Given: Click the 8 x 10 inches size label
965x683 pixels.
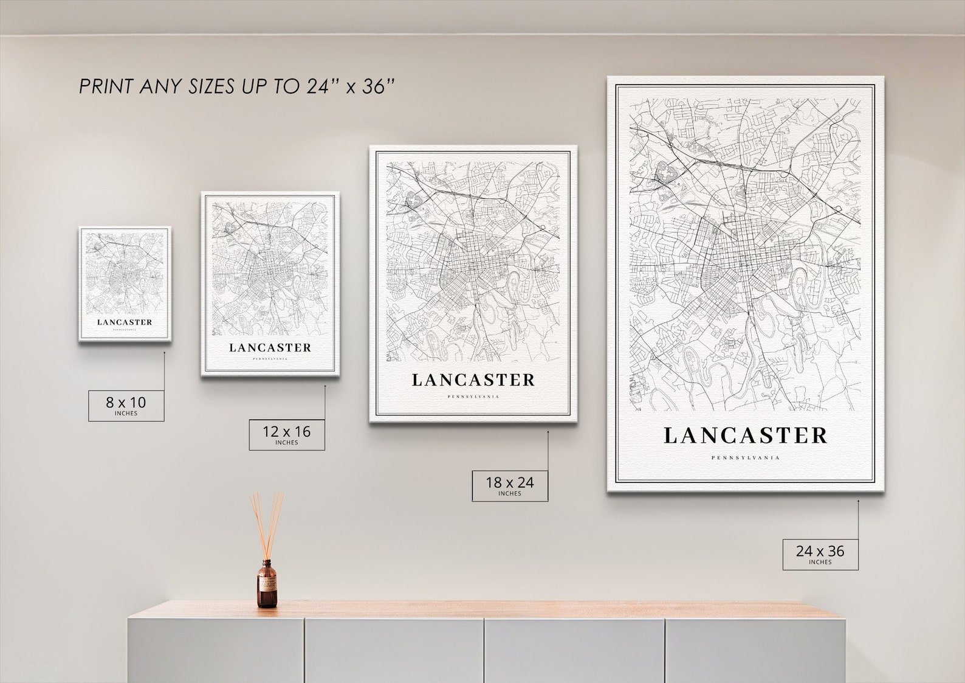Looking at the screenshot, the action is pyautogui.click(x=126, y=405).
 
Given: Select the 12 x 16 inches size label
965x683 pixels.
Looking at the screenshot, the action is pyautogui.click(x=286, y=434).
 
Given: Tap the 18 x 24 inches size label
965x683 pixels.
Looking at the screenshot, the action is pyautogui.click(x=509, y=485).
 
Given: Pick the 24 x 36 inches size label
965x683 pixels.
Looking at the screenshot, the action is pyautogui.click(x=820, y=554).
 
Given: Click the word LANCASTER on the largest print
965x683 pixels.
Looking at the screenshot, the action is pyautogui.click(x=746, y=435).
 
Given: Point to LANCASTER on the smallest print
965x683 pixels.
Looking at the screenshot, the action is pyautogui.click(x=125, y=322).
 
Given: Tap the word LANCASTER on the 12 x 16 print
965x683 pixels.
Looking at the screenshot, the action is pyautogui.click(x=270, y=348).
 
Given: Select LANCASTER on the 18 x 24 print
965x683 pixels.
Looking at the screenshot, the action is pyautogui.click(x=473, y=380).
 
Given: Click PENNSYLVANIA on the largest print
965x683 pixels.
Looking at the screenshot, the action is pyautogui.click(x=746, y=458).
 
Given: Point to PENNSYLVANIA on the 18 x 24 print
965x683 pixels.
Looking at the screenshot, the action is pyautogui.click(x=473, y=397).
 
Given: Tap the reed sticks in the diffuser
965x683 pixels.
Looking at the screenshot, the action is pyautogui.click(x=266, y=523).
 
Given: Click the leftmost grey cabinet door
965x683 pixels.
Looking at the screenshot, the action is pyautogui.click(x=216, y=651).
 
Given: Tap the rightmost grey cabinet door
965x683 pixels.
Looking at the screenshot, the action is pyautogui.click(x=754, y=651).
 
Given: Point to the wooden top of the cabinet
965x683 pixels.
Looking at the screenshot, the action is pyautogui.click(x=486, y=609).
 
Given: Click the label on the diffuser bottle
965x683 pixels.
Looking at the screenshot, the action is pyautogui.click(x=267, y=587).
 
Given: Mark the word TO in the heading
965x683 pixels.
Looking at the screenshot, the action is pyautogui.click(x=286, y=87).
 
